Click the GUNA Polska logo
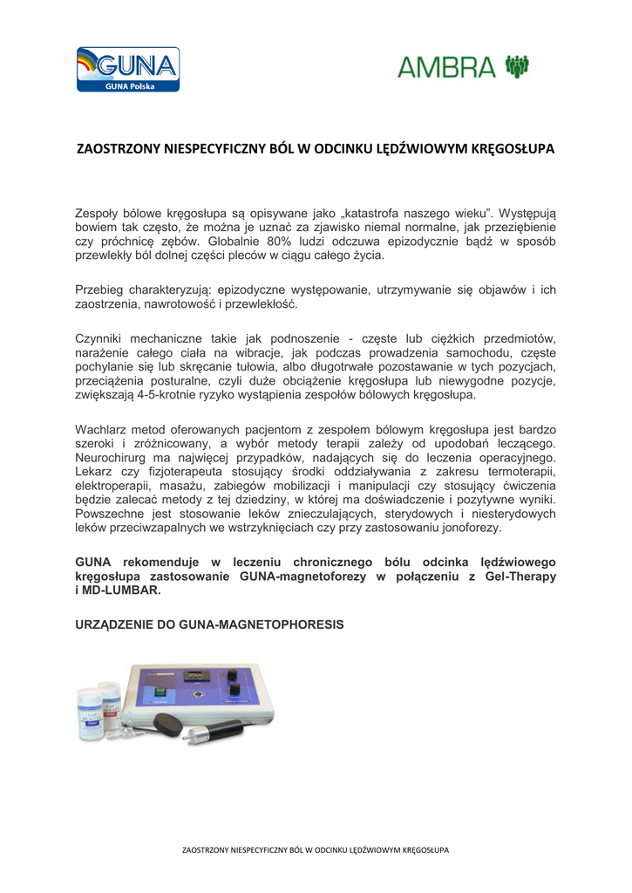127,70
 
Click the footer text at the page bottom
316,849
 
